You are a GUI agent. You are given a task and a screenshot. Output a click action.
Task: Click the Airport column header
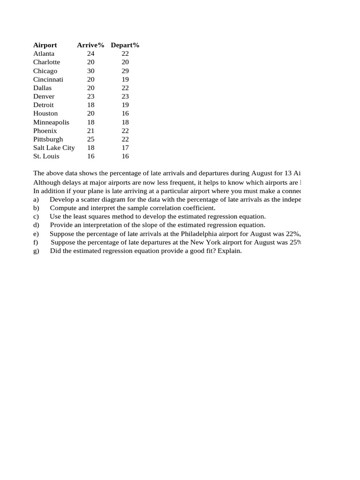[45, 45]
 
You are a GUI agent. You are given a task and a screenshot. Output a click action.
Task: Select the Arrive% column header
[90, 45]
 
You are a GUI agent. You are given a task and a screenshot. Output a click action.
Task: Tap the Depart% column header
[125, 45]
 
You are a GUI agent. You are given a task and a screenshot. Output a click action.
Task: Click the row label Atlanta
[44, 53]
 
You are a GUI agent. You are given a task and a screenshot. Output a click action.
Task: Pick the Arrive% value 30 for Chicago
[91, 71]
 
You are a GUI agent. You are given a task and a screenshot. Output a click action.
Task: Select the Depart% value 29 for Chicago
[125, 71]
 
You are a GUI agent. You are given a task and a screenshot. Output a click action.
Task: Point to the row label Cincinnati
[48, 79]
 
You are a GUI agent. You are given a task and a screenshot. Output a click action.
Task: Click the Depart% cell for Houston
[125, 113]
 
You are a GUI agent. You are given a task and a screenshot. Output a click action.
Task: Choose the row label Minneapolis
[51, 122]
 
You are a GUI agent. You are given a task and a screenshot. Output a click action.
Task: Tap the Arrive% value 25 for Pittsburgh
[91, 139]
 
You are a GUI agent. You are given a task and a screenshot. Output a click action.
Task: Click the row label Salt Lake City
[54, 148]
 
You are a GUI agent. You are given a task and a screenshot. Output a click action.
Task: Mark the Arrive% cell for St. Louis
[91, 156]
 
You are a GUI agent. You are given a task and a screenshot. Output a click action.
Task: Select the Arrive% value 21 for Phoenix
[91, 131]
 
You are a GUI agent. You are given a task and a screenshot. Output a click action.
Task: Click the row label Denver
[44, 97]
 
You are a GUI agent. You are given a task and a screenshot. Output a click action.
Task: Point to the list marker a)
[36, 199]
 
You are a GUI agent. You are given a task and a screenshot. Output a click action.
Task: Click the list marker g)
[36, 251]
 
